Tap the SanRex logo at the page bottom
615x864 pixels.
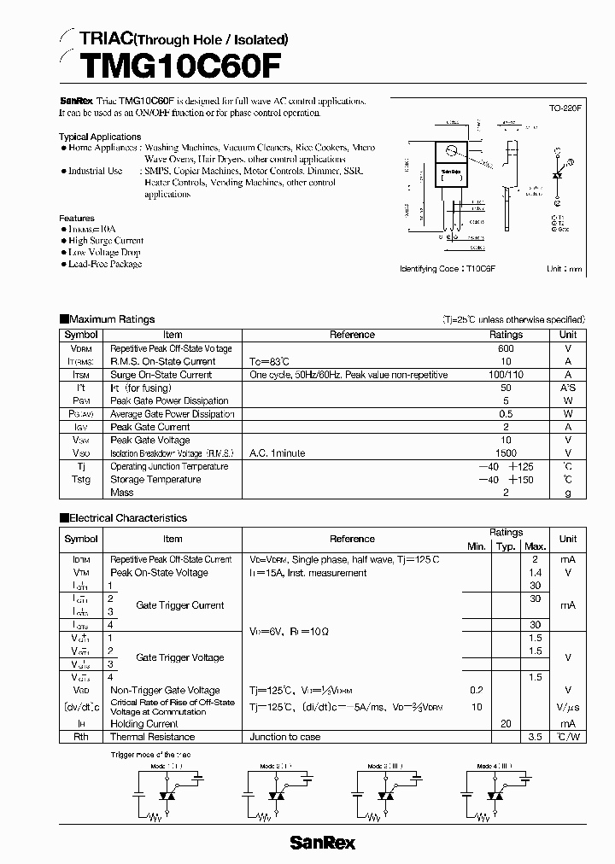[x=322, y=843]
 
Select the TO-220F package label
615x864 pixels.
[x=565, y=109]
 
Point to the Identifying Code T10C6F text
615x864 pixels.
[x=448, y=268]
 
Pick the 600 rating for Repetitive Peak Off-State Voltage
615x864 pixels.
[x=506, y=348]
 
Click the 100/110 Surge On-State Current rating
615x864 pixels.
[x=506, y=375]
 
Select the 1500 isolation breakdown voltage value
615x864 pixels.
[x=506, y=453]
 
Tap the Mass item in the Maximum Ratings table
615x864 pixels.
[x=123, y=493]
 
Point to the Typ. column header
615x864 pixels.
[x=506, y=546]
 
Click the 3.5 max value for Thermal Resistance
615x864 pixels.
[x=536, y=737]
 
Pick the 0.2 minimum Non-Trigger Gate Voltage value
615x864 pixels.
[x=476, y=690]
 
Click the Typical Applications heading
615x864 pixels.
[x=100, y=137]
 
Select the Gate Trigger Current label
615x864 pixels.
[x=179, y=605]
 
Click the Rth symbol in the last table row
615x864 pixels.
[x=81, y=737]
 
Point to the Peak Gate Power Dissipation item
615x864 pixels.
[x=169, y=400]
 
